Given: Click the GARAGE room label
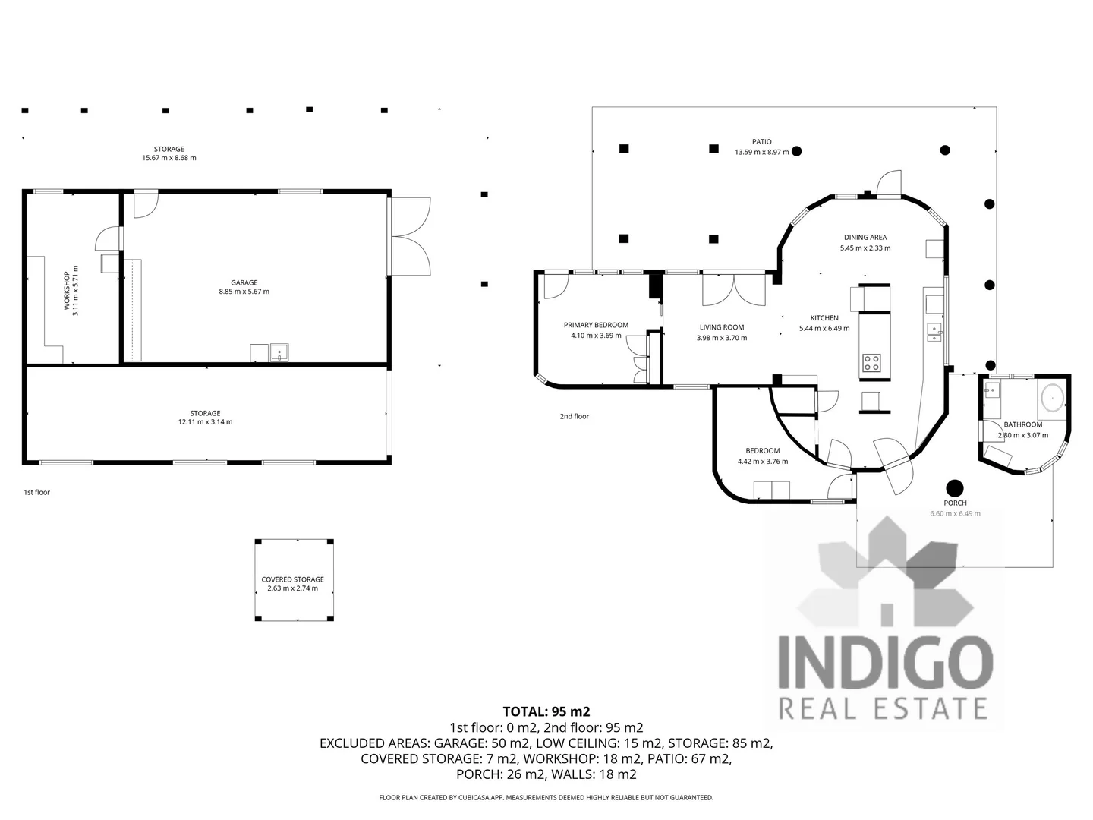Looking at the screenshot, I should point(244,282).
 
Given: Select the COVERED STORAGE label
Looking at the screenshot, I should point(292,579).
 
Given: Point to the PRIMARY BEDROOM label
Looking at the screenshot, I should point(596,325).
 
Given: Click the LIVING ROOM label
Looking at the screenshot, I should point(721,328).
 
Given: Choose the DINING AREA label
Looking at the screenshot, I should point(865,238).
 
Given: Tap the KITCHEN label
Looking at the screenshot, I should point(824,318).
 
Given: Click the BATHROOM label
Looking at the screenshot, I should point(1022,425).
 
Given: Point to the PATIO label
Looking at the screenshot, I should point(761,142).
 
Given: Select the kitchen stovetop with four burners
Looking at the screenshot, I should point(871,363).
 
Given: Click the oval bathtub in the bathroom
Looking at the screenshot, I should point(1051,397).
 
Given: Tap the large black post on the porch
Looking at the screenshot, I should point(954,488).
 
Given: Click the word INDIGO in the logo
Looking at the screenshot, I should point(886,661).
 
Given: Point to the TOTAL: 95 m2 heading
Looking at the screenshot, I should point(546,711).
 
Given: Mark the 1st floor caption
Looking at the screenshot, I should point(36,493).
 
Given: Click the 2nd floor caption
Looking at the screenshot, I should point(574,417).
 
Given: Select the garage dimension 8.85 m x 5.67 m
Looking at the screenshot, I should point(244,292).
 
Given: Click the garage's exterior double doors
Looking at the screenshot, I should point(410,237).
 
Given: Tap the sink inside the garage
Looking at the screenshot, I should point(279,352).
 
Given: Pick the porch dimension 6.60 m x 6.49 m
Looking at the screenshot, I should point(955,514).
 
